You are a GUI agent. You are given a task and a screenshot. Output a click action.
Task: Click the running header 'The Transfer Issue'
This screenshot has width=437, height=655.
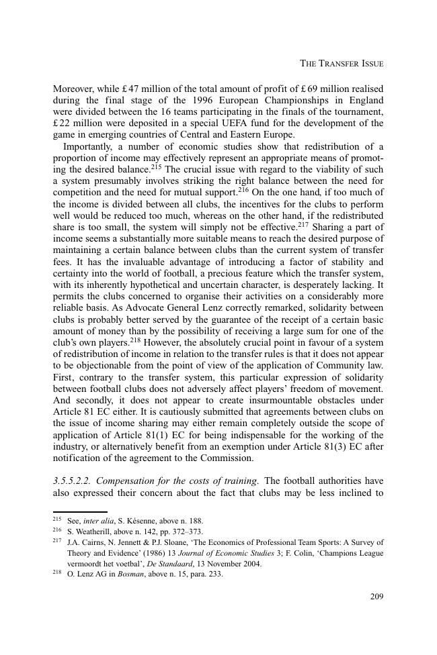(341, 64)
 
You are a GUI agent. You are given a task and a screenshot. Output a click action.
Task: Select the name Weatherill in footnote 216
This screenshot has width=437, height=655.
(92, 531)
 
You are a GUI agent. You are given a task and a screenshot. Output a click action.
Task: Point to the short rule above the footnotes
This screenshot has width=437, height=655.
(79, 511)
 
